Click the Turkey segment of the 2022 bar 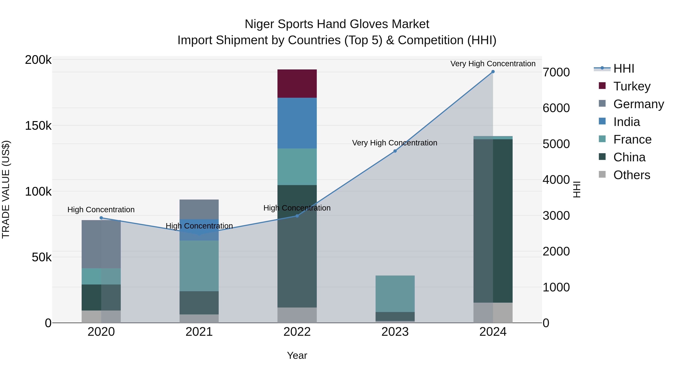297,83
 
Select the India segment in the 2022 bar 297,123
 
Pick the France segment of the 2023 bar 395,293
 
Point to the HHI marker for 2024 493,72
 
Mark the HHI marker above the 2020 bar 101,218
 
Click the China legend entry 629,157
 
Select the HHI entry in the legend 623,69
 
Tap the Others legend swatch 602,174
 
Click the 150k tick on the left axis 38,126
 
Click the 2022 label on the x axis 297,332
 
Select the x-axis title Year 297,355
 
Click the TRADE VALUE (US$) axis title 6,189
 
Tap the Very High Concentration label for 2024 493,64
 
